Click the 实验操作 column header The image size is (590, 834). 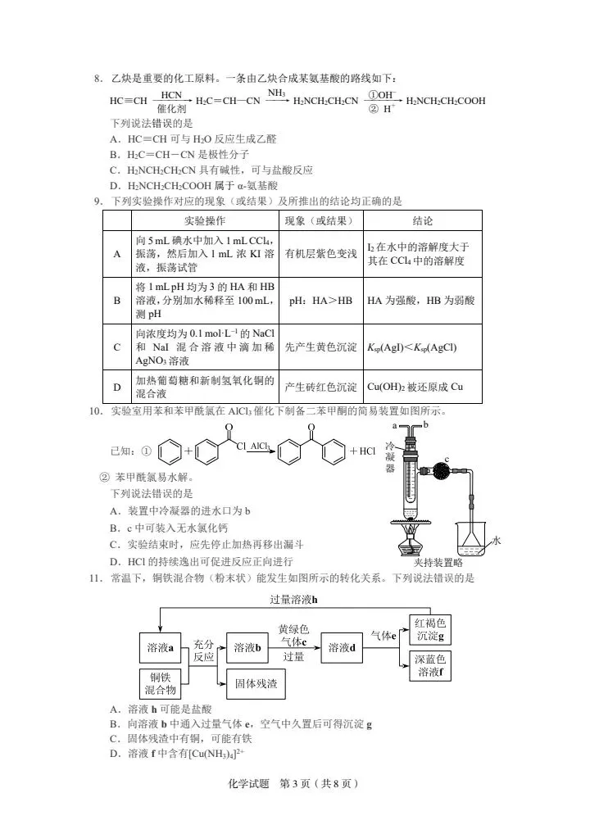pyautogui.click(x=205, y=220)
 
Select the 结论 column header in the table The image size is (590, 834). pyautogui.click(x=422, y=220)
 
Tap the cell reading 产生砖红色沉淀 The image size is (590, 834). pyautogui.click(x=320, y=387)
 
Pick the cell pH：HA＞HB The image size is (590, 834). pyautogui.click(x=320, y=301)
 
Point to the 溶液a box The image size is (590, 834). pyautogui.click(x=160, y=648)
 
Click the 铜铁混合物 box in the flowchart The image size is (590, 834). pyautogui.click(x=160, y=684)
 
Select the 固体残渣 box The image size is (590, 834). pyautogui.click(x=256, y=683)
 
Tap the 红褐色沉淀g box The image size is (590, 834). pyautogui.click(x=430, y=630)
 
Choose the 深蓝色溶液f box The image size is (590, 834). pyautogui.click(x=430, y=665)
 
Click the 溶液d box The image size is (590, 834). pyautogui.click(x=342, y=648)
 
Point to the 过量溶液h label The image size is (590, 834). pyautogui.click(x=293, y=600)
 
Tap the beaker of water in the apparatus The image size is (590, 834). pyautogui.click(x=472, y=539)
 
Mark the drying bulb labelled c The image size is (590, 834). pyautogui.click(x=441, y=471)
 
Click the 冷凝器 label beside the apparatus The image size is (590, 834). pyautogui.click(x=390, y=457)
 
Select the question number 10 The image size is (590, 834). pyautogui.click(x=96, y=411)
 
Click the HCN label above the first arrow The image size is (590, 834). pyautogui.click(x=171, y=95)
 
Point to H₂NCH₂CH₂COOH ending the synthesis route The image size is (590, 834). pyautogui.click(x=446, y=101)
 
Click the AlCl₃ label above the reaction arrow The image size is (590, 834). pyautogui.click(x=260, y=446)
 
